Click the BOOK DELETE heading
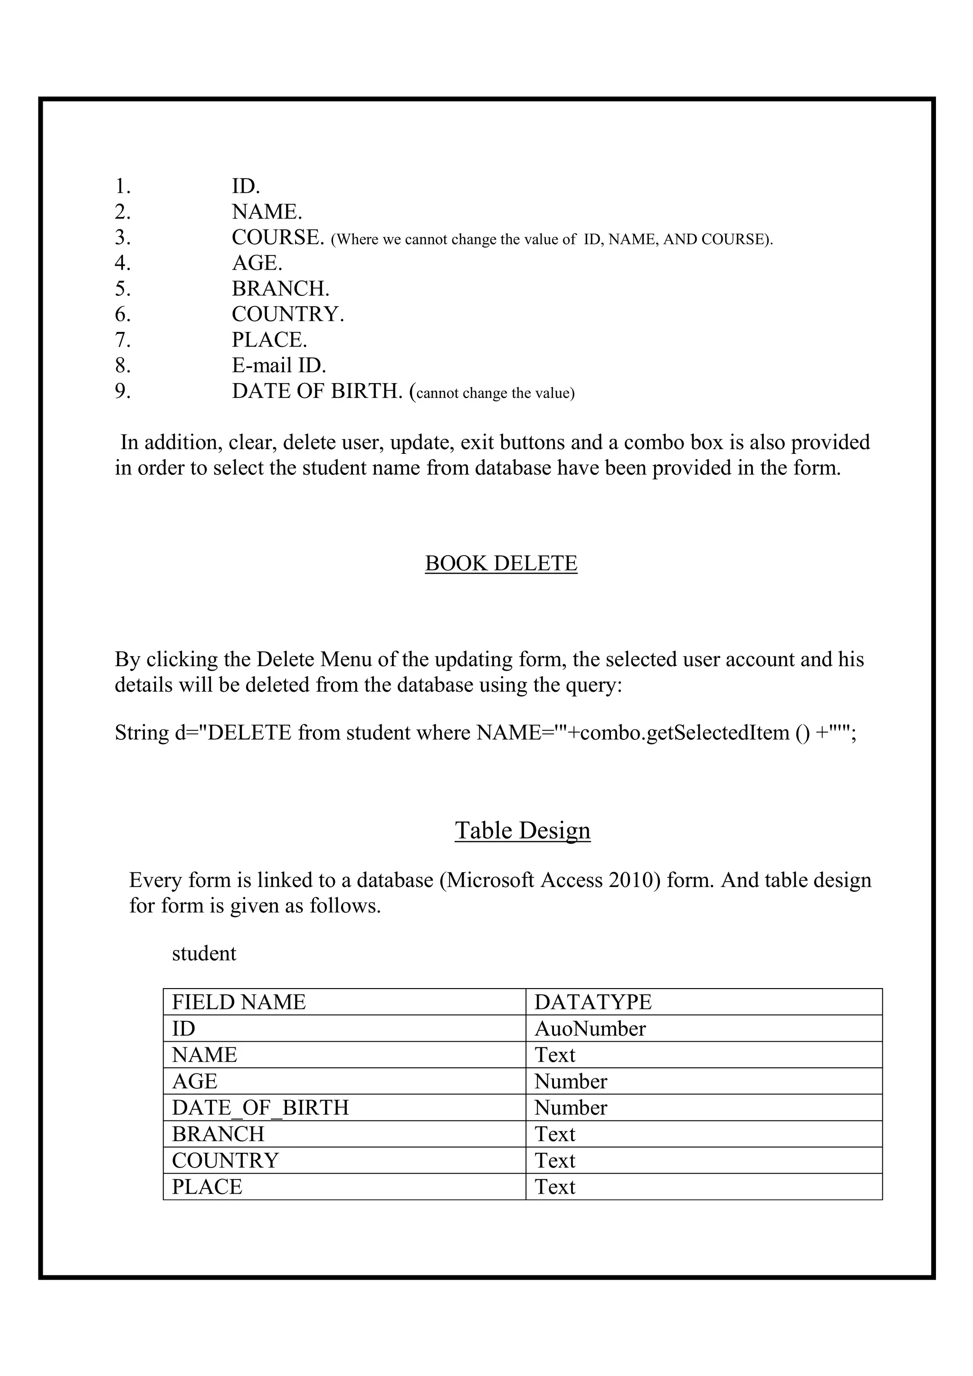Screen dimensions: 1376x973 coord(501,563)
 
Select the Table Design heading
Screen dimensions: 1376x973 coord(522,830)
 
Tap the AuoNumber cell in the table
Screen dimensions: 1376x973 coord(590,1028)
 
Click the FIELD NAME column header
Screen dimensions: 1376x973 coord(238,1002)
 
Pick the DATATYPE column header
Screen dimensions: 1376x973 coord(592,1002)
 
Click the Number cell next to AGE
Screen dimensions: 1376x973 coord(570,1081)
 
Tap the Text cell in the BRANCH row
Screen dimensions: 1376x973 coord(554,1134)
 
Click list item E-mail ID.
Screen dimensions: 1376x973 coord(279,366)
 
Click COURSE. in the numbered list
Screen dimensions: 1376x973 coord(277,238)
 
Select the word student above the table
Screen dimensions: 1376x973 coord(204,953)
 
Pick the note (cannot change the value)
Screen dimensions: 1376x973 coord(495,393)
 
